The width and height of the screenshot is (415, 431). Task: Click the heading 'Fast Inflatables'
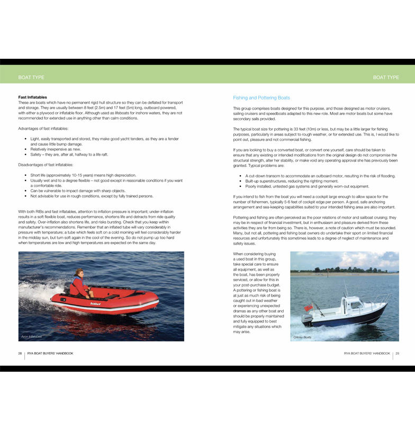[32, 97]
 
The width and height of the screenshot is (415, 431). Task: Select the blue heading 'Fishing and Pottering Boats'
[261, 98]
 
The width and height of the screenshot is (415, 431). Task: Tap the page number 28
[20, 353]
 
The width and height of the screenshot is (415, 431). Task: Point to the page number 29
[397, 353]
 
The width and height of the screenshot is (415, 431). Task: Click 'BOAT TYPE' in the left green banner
[31, 77]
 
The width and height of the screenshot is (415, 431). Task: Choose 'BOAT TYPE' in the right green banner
[386, 77]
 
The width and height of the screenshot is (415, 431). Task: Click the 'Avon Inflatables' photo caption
[31, 336]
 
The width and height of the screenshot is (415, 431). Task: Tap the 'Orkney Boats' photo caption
[302, 337]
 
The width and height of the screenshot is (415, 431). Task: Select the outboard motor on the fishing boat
[306, 319]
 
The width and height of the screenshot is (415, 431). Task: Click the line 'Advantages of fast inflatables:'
[47, 129]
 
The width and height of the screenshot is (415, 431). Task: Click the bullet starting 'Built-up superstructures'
[294, 181]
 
